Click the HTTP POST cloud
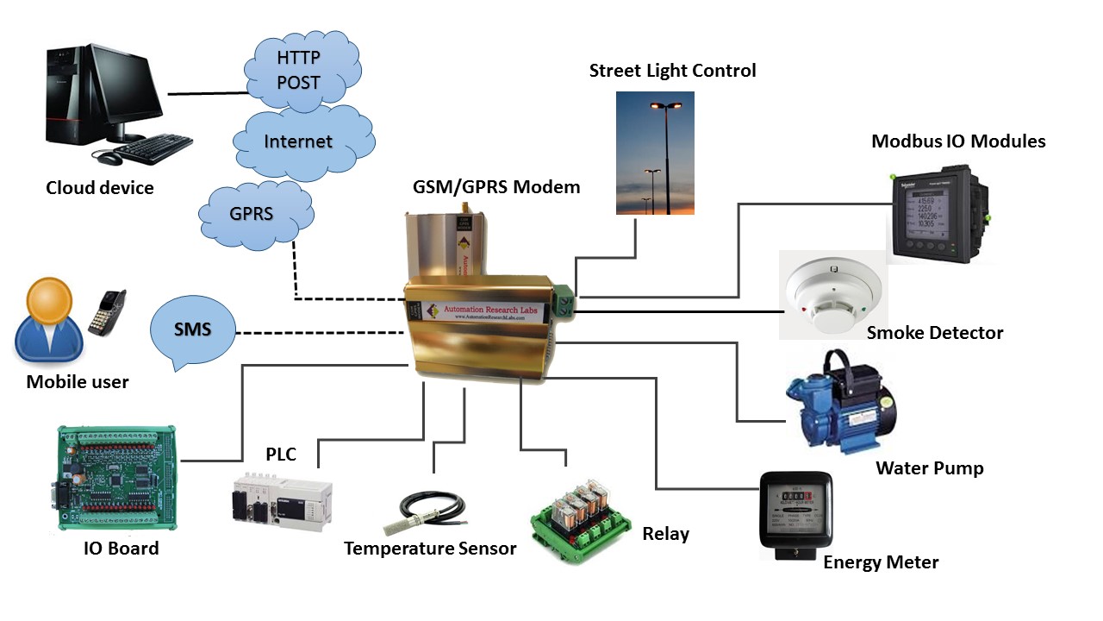[x=299, y=70]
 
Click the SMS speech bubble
[x=193, y=330]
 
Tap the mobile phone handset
[x=108, y=311]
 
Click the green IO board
[x=115, y=476]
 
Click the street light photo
[x=655, y=141]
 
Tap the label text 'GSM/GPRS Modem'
[x=496, y=186]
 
